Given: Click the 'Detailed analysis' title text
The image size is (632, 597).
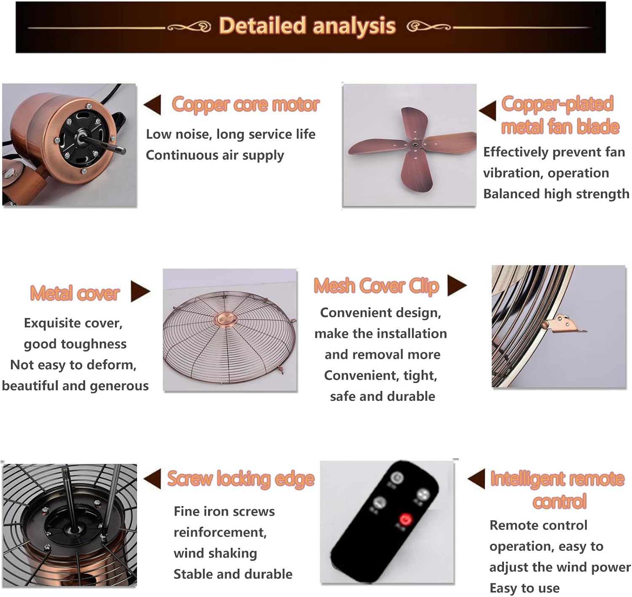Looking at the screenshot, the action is click(x=308, y=26).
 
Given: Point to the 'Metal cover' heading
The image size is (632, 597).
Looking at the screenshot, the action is click(x=75, y=293).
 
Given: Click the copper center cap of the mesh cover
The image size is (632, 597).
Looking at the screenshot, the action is click(x=225, y=318).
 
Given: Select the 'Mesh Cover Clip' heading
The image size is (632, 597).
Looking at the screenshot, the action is click(x=377, y=286).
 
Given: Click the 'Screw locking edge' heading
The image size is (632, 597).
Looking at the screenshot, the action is click(x=241, y=479).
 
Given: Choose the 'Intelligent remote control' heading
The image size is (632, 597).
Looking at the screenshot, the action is click(x=557, y=490).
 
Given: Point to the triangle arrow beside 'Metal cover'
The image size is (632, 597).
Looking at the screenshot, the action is click(x=140, y=291).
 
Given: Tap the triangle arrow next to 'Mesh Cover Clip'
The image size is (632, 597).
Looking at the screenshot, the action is click(x=457, y=285).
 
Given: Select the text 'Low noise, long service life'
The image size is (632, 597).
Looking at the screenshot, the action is click(x=231, y=134).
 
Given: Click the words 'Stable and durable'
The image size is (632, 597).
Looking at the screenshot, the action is click(x=233, y=574).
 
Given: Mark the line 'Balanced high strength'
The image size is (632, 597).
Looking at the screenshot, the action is click(x=556, y=193).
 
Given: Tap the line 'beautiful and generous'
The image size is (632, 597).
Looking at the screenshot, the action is click(x=75, y=386).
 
